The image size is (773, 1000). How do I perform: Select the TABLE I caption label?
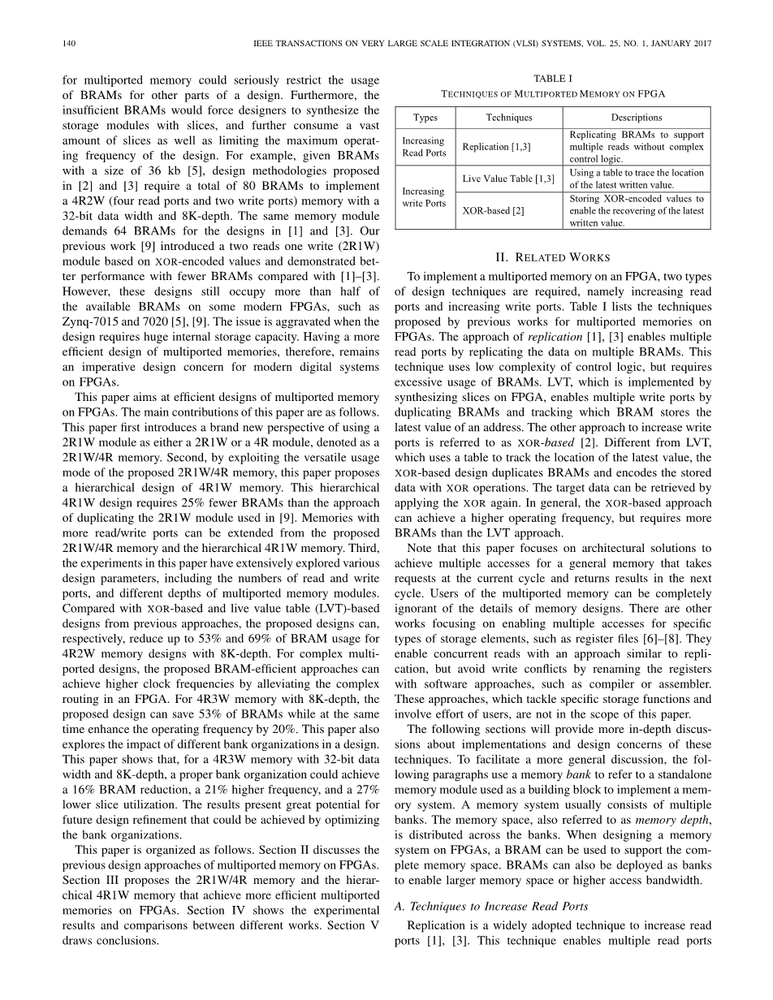(x=552, y=79)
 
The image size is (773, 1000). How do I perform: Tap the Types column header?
(x=425, y=118)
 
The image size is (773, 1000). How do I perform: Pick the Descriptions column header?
(x=637, y=118)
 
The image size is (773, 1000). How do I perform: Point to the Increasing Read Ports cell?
(x=424, y=147)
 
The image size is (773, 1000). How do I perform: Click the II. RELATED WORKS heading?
(x=552, y=257)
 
